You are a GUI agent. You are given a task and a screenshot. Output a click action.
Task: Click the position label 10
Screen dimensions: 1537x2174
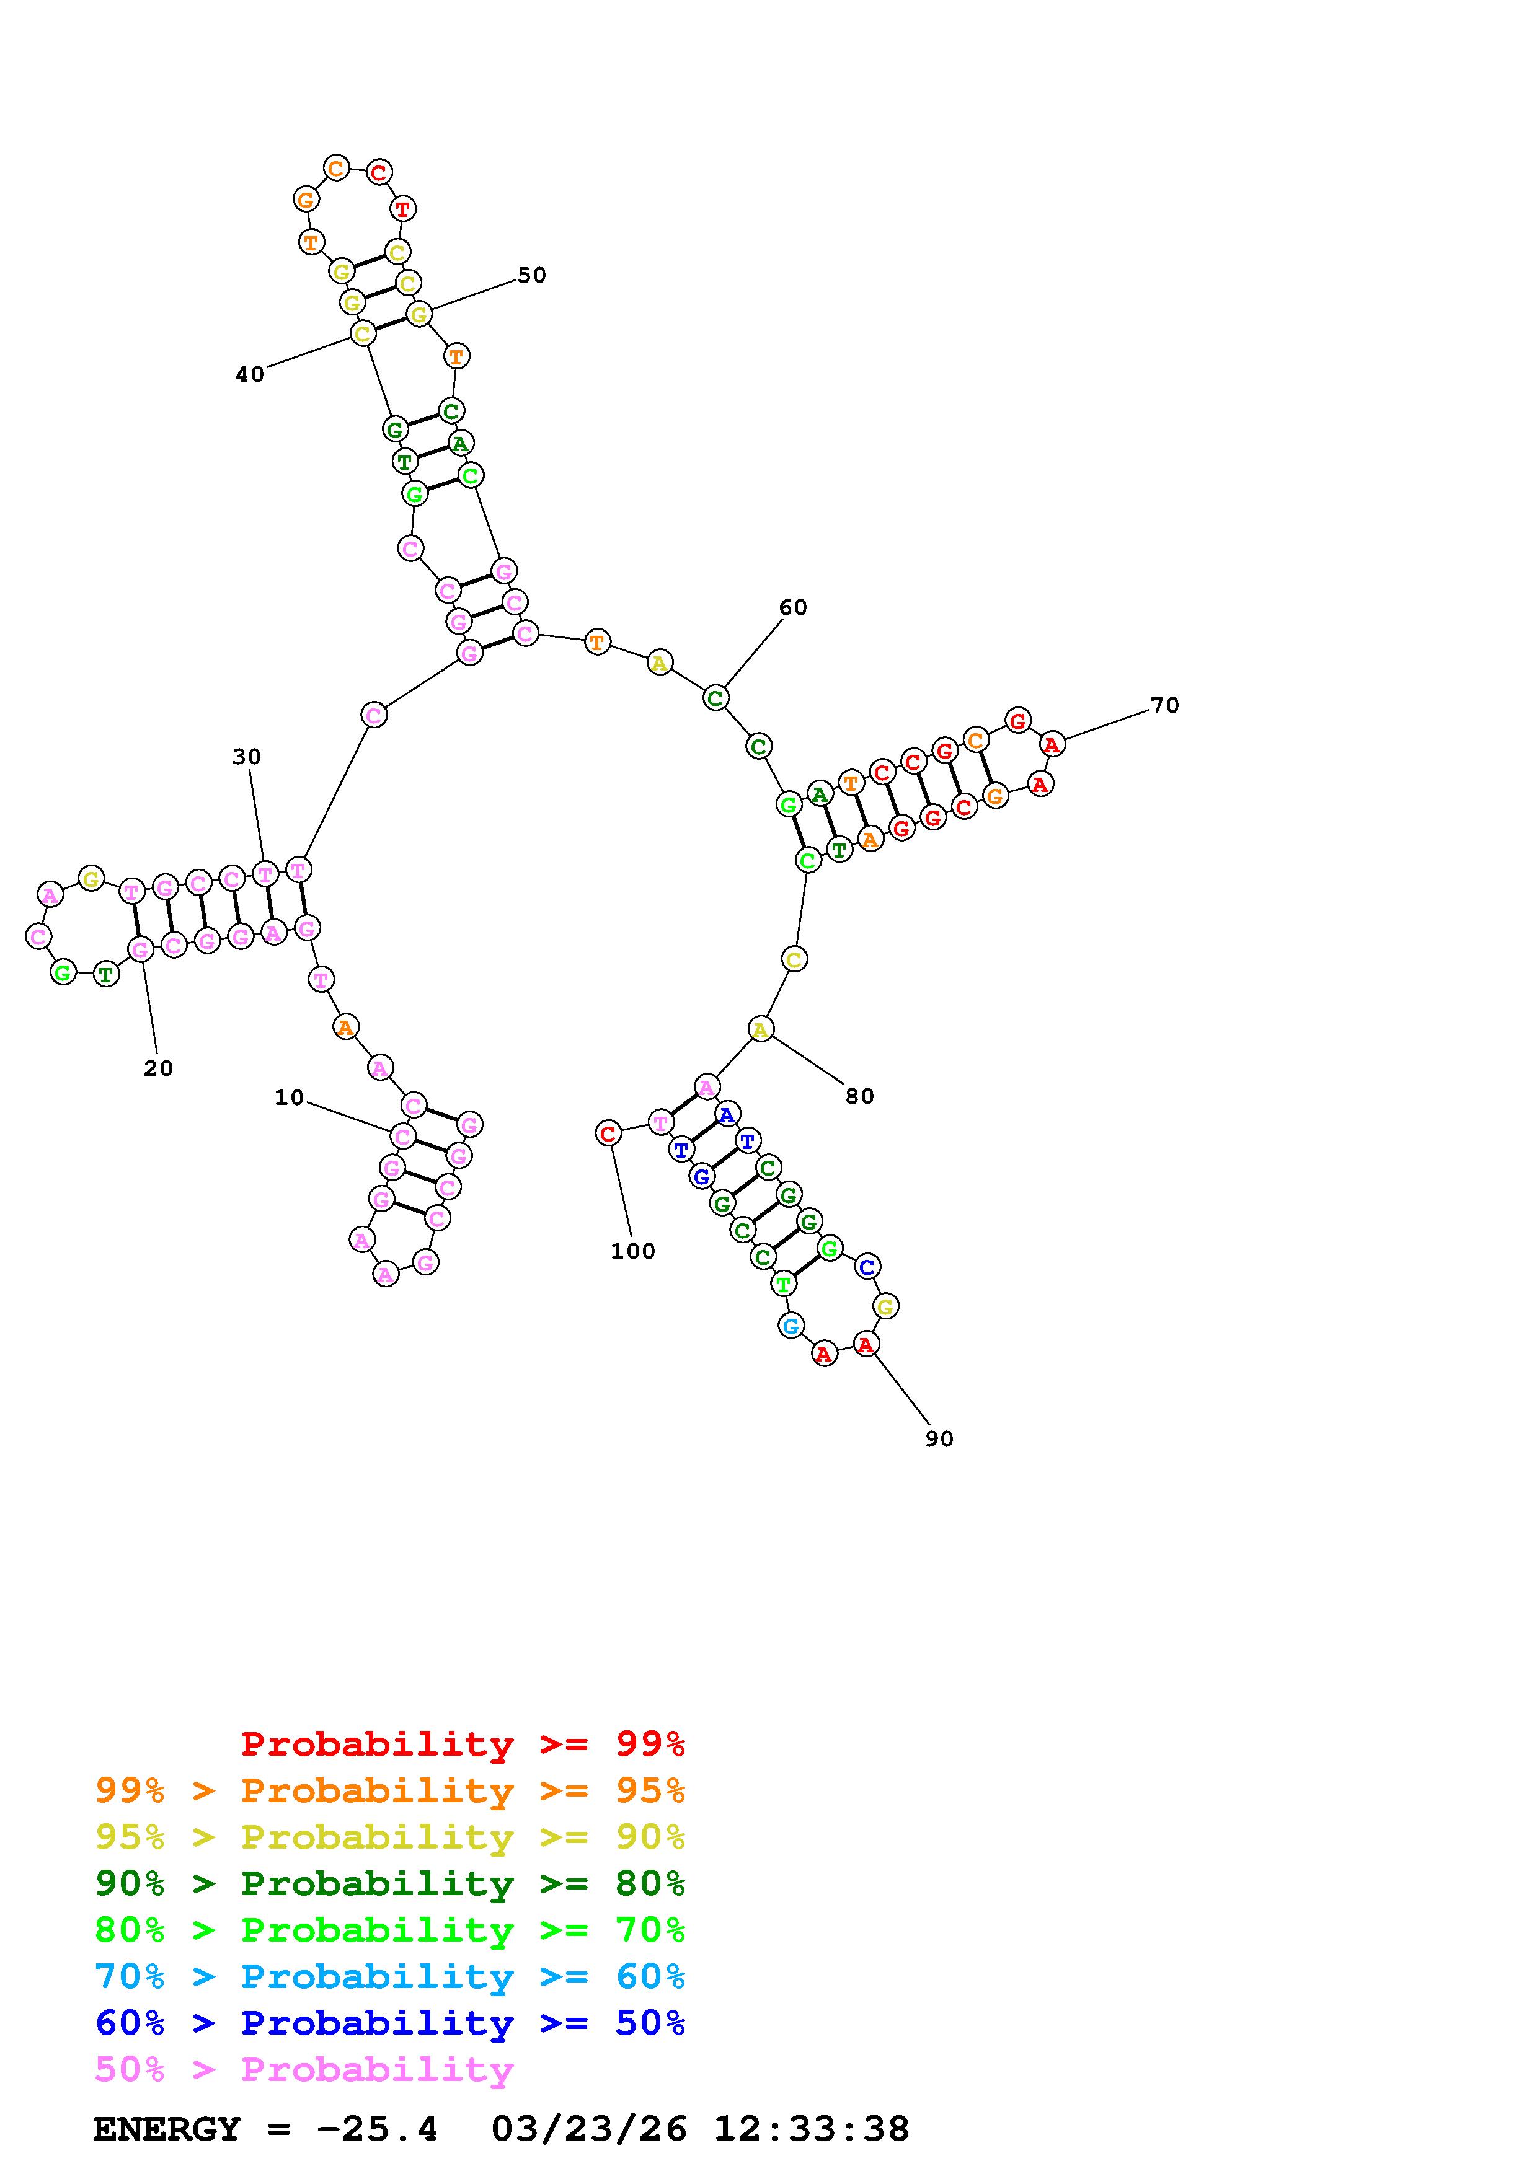[289, 1098]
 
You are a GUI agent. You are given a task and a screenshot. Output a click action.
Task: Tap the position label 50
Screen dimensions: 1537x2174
[531, 276]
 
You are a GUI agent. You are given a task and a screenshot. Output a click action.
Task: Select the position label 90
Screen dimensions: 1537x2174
[939, 1439]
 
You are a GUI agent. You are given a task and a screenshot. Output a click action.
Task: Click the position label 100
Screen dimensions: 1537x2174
[632, 1252]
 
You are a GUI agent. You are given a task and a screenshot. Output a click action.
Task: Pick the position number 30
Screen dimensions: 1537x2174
[246, 757]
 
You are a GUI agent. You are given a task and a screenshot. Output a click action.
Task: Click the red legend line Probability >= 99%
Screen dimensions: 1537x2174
[463, 1743]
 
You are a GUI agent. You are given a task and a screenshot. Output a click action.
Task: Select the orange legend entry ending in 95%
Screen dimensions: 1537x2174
[390, 1790]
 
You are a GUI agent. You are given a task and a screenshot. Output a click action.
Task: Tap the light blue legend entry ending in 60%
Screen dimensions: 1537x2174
[390, 1976]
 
